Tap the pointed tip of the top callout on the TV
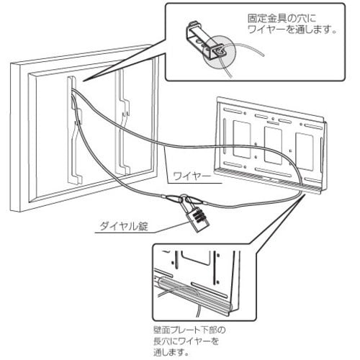(x=82, y=81)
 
